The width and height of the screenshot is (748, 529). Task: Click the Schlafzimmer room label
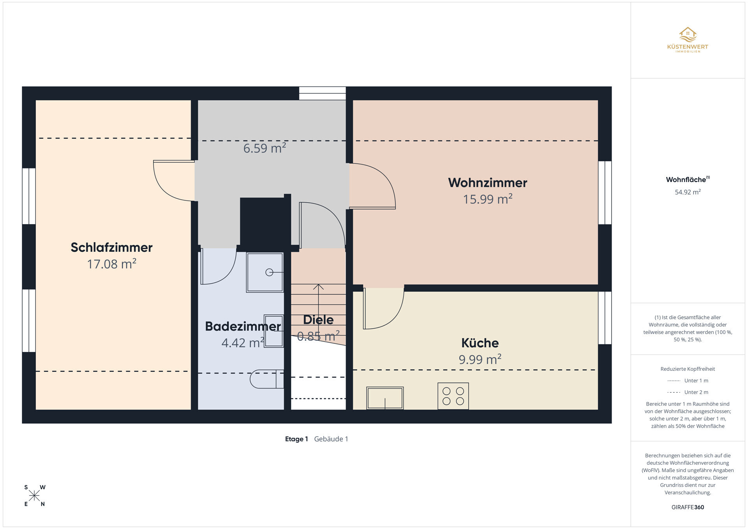(x=111, y=247)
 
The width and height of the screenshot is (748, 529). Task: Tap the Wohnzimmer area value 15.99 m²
(x=487, y=199)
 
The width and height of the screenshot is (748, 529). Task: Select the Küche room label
(x=480, y=343)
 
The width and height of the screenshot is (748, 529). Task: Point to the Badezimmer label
(x=243, y=326)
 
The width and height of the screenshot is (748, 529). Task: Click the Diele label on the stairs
(x=318, y=320)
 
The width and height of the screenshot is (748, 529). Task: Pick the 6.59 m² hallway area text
(x=265, y=148)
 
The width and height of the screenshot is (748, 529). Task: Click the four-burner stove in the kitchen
(x=453, y=396)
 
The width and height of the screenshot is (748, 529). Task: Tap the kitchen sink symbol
(x=385, y=398)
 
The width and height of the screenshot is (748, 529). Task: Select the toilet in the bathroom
(x=266, y=379)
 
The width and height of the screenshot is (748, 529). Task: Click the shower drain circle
(x=269, y=272)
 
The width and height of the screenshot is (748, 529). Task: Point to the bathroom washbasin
(x=273, y=331)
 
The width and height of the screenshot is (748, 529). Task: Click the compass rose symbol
(x=34, y=496)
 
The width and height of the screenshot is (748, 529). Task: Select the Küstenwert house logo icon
(x=688, y=34)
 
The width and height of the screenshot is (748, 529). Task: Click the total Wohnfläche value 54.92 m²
(x=688, y=192)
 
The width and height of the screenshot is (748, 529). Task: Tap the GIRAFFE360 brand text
(x=688, y=507)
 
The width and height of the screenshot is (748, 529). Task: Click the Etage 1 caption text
(x=296, y=439)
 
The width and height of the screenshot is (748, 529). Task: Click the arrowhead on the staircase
(x=319, y=287)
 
